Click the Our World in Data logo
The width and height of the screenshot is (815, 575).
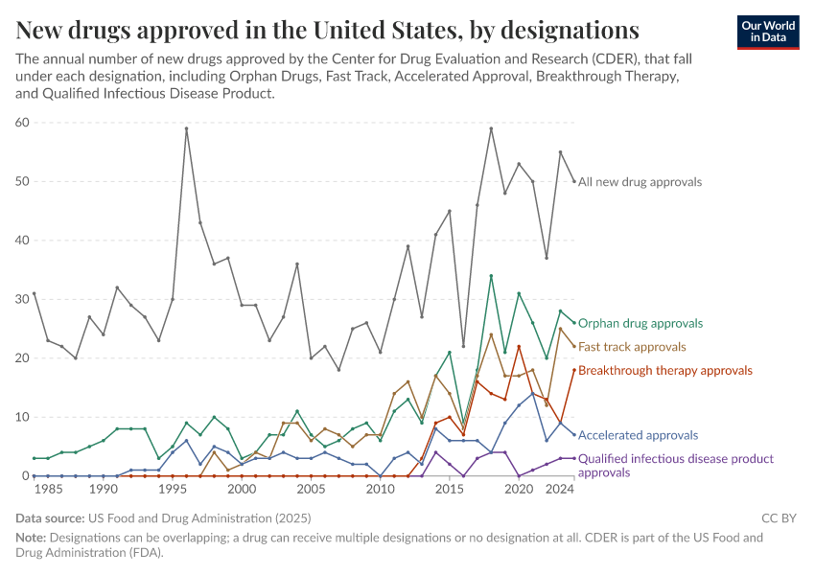(x=770, y=32)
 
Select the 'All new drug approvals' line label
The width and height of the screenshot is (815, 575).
(x=640, y=181)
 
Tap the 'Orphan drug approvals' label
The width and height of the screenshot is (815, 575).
(x=640, y=323)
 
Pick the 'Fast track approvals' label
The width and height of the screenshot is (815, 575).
(x=632, y=346)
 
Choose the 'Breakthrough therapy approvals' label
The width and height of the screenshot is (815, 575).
(x=665, y=370)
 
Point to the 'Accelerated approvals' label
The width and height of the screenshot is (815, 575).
(x=638, y=435)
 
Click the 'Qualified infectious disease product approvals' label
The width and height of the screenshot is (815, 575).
(x=675, y=465)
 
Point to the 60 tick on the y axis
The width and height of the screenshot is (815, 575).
(x=23, y=122)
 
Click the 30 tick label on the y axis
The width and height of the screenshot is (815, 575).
(x=23, y=299)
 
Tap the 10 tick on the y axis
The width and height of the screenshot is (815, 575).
(x=23, y=417)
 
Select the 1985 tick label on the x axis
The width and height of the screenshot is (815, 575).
(x=48, y=489)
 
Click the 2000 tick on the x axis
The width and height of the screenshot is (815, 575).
(x=242, y=489)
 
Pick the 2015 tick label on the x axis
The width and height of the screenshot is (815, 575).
(x=449, y=489)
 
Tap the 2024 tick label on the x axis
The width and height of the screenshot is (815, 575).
(x=560, y=489)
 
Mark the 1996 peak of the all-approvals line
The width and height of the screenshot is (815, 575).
(x=186, y=128)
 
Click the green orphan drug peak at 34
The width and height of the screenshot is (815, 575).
(x=491, y=276)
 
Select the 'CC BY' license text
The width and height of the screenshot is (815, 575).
(x=779, y=518)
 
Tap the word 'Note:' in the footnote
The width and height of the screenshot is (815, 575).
(x=33, y=538)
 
